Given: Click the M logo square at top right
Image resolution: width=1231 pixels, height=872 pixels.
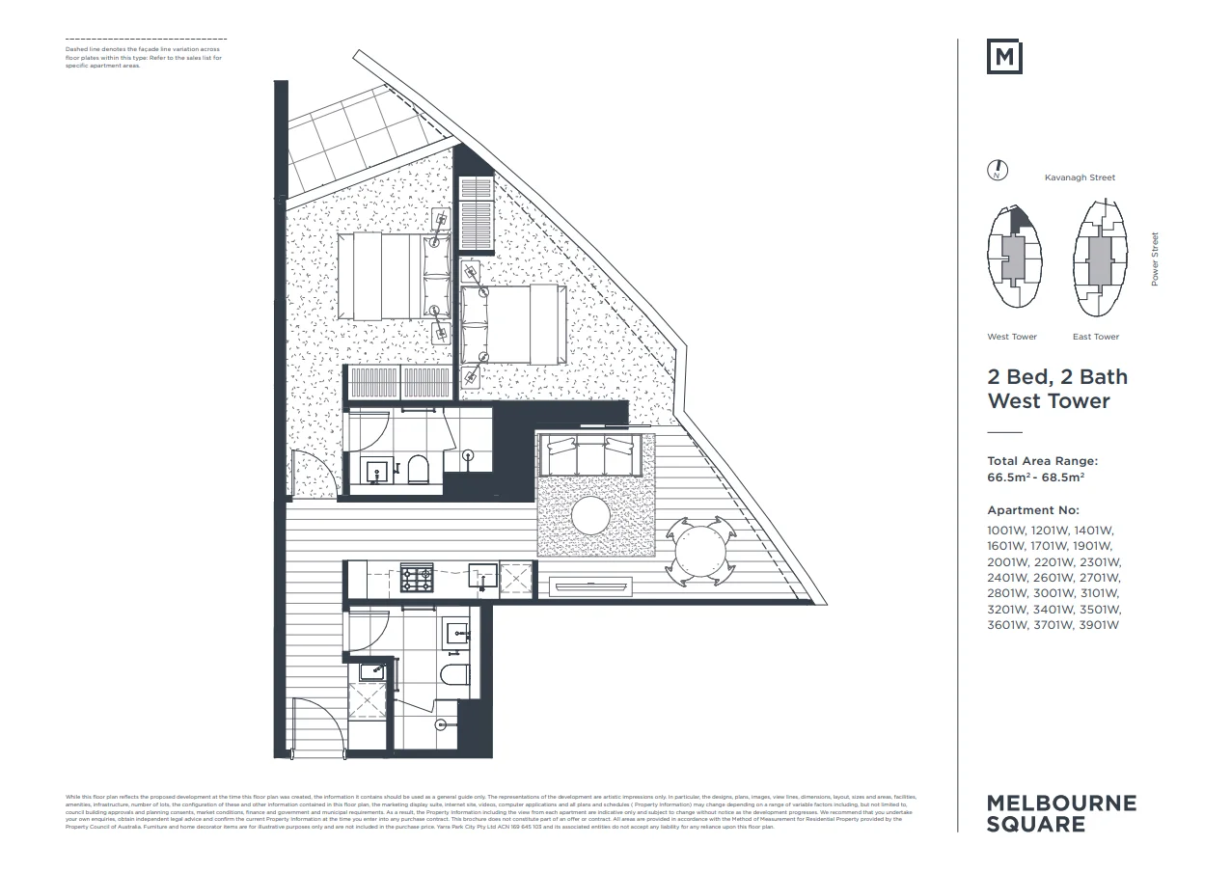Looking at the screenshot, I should (1004, 57).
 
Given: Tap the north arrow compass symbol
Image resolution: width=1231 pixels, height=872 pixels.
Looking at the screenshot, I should (998, 172).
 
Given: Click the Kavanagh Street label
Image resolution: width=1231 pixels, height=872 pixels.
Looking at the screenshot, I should (1080, 177).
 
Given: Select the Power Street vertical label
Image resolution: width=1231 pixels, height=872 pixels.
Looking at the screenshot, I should (1155, 259).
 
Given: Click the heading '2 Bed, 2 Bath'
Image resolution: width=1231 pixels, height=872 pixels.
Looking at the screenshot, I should (1056, 376).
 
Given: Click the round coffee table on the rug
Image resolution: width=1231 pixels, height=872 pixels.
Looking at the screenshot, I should (591, 514).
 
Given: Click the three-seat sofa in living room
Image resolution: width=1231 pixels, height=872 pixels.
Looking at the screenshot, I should (590, 455).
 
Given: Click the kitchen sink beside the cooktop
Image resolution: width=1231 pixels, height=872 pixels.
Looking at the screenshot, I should (481, 576).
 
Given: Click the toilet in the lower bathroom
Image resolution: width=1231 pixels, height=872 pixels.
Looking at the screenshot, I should (453, 674).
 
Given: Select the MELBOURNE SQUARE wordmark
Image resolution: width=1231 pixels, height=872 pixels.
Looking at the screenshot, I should (1061, 813).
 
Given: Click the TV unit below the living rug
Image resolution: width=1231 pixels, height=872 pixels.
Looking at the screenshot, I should (588, 585).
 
